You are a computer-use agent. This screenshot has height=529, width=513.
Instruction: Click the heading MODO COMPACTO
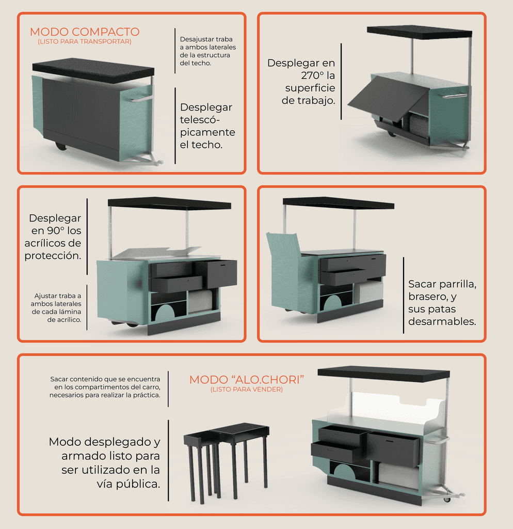pyautogui.click(x=85, y=32)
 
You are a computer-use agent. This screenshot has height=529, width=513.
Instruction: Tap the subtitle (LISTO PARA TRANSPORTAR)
pyautogui.click(x=85, y=41)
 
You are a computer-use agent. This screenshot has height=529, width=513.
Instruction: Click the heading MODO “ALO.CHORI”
pyautogui.click(x=247, y=380)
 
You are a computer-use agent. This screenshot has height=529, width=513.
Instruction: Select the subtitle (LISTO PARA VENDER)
pyautogui.click(x=247, y=390)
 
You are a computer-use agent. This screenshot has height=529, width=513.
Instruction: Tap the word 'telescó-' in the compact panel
pyautogui.click(x=202, y=120)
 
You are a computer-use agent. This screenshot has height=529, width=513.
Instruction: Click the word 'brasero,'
pyautogui.click(x=433, y=297)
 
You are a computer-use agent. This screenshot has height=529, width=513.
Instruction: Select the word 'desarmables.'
pyautogui.click(x=442, y=321)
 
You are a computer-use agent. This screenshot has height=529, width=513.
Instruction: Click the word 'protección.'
pyautogui.click(x=53, y=256)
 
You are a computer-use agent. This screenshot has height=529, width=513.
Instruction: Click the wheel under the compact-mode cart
pyautogui.click(x=61, y=146)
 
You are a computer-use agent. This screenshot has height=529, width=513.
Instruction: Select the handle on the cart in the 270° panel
pyautogui.click(x=454, y=96)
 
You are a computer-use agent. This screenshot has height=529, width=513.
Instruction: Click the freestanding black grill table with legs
pyautogui.click(x=227, y=455)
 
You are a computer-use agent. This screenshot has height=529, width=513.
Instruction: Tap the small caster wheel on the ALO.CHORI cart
pyautogui.click(x=447, y=499)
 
